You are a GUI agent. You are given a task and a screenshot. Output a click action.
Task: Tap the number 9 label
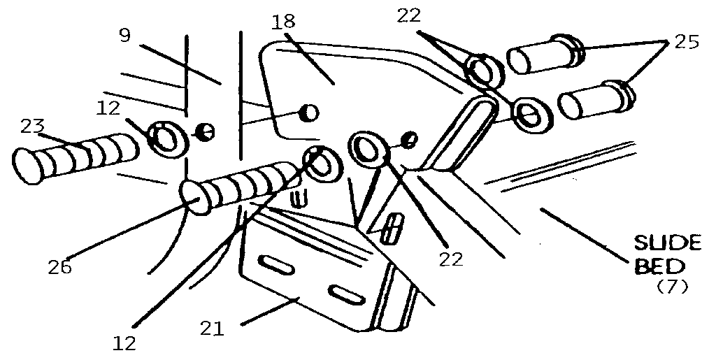click(124, 35)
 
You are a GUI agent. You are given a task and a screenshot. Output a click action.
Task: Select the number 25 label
click(687, 42)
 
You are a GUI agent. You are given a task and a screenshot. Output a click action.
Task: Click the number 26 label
click(59, 266)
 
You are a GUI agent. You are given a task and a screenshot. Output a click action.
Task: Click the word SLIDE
click(667, 243)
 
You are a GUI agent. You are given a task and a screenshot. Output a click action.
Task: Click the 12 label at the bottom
click(125, 343)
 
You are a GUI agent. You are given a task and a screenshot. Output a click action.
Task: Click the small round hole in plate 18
click(309, 112)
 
